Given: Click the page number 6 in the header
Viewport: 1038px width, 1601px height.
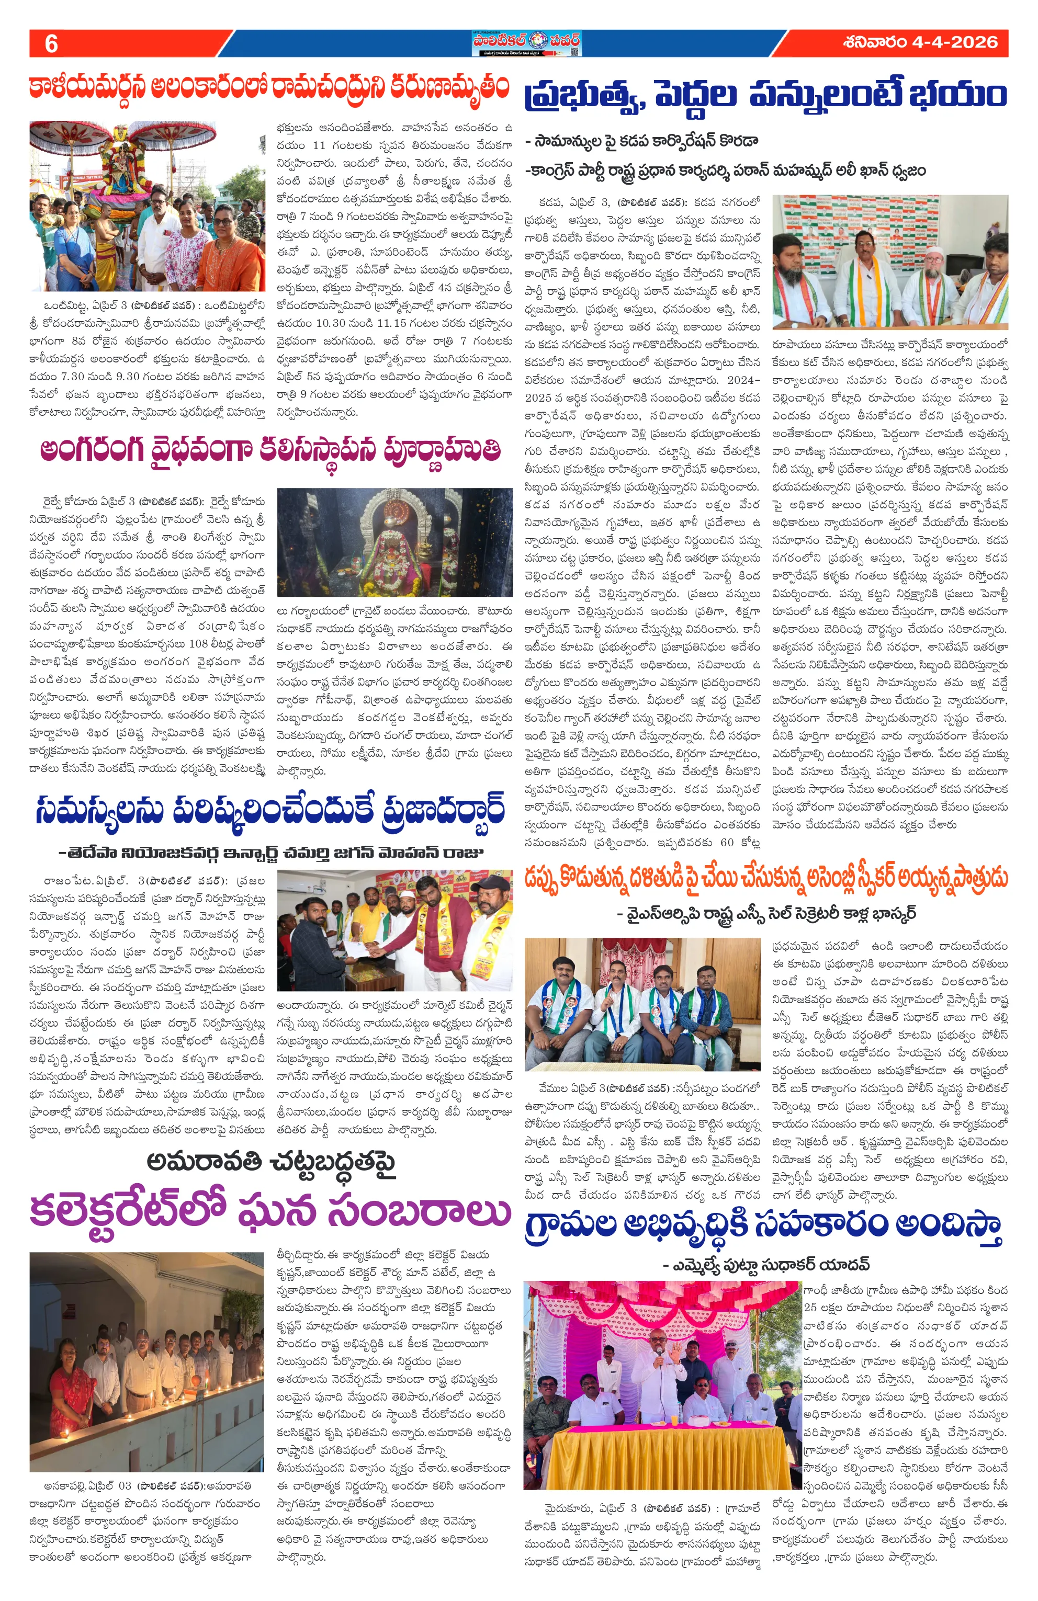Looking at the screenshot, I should click(x=51, y=44).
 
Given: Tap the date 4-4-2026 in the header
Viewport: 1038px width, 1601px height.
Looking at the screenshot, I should click(x=920, y=42).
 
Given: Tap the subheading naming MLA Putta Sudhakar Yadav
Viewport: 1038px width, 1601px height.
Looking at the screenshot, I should click(x=765, y=1265).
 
